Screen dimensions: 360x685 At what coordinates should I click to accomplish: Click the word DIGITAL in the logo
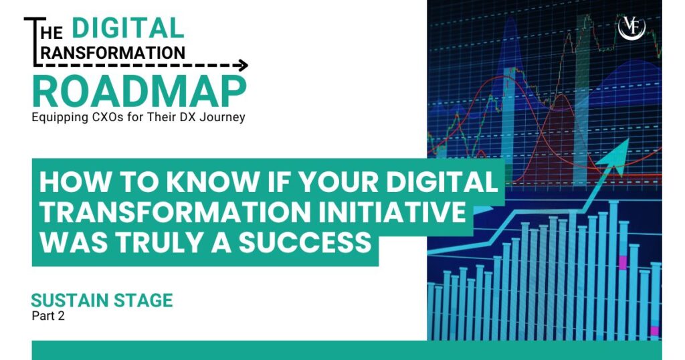coord(127,28)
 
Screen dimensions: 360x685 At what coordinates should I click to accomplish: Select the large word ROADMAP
coord(138,92)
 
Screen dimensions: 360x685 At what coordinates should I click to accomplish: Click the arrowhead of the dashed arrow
coord(243,66)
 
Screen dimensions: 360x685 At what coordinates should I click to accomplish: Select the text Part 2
coord(48,317)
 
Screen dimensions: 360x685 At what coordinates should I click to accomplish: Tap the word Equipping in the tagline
coord(60,118)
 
